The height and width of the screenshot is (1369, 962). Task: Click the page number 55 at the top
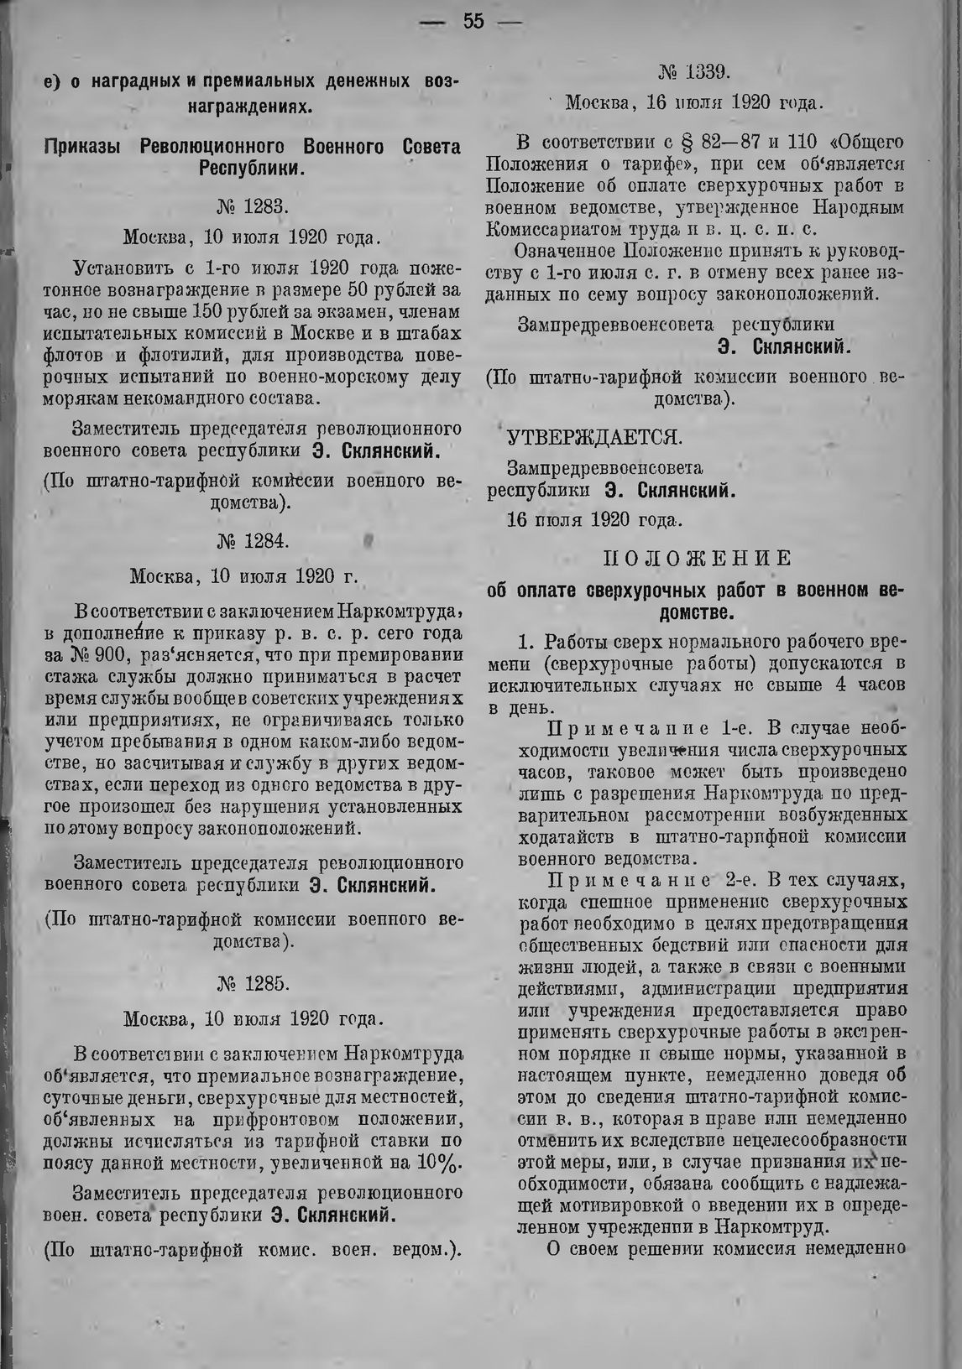tap(473, 22)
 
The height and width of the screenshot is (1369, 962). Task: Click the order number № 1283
tap(252, 204)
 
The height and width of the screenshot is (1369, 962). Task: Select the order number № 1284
tap(252, 541)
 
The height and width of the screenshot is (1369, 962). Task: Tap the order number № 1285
tap(252, 982)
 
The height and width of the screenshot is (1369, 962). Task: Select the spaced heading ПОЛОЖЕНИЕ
tap(697, 559)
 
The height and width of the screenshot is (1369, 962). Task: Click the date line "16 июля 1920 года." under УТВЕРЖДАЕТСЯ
tap(594, 518)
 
